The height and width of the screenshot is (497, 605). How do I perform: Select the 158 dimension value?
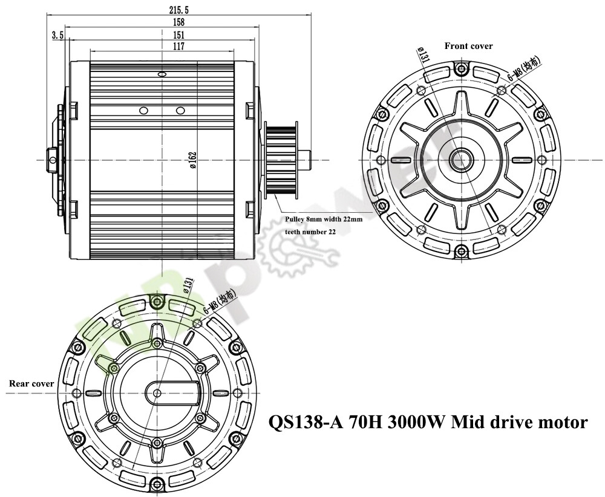click(x=162, y=23)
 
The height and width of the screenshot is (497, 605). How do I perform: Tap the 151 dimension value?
click(x=162, y=34)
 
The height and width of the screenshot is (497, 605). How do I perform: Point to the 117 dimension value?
click(x=162, y=46)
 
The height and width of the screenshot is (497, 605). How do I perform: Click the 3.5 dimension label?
click(x=57, y=35)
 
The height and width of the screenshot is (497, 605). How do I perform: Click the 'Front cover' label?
click(x=468, y=46)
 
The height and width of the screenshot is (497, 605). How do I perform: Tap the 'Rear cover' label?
click(x=31, y=383)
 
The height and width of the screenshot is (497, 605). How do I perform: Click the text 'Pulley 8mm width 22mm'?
click(x=324, y=219)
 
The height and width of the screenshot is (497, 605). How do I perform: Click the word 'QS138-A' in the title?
click(x=306, y=421)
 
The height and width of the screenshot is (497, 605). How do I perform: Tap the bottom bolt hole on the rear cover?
click(x=158, y=482)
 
